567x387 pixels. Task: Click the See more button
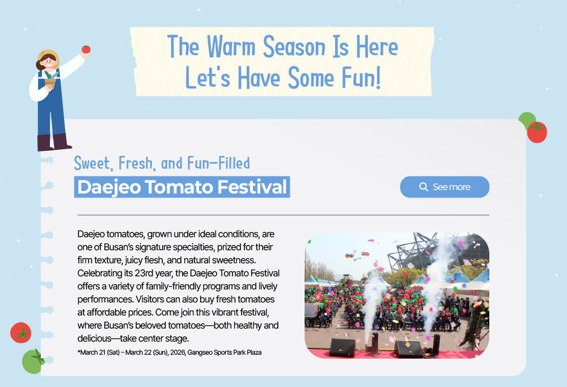point(445,187)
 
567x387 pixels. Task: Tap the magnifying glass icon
point(424,187)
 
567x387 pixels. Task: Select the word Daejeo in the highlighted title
point(109,187)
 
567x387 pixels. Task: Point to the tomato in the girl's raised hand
point(86,49)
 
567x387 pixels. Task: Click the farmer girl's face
point(49,62)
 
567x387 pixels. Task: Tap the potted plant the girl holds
point(50,80)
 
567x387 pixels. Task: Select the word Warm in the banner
point(231,47)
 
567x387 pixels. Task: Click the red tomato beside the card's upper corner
point(537,132)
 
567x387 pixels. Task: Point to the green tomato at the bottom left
point(33,361)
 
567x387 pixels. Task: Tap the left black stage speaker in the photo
point(342,348)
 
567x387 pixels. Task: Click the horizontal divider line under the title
point(283,215)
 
